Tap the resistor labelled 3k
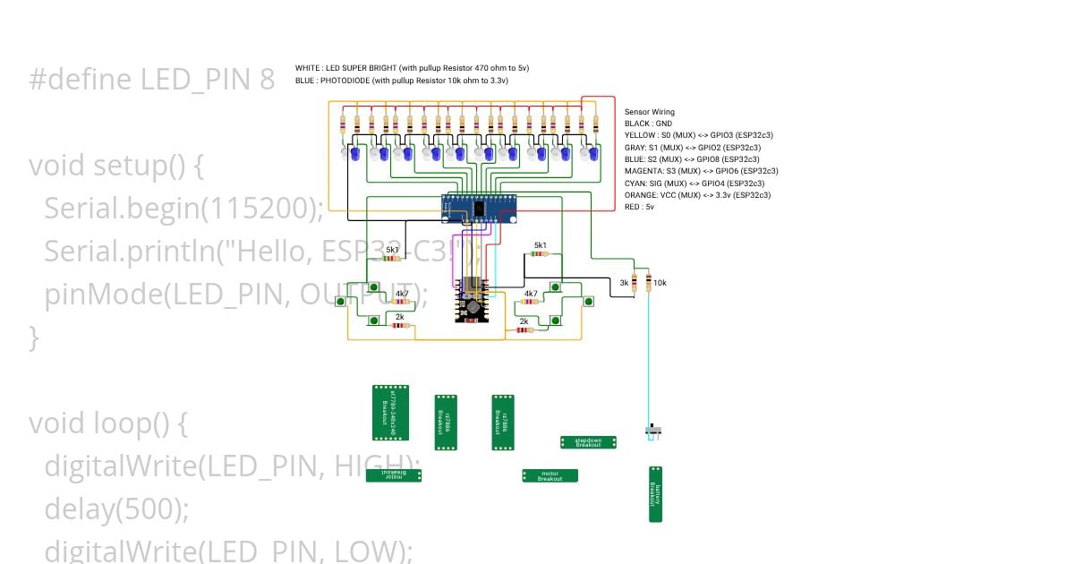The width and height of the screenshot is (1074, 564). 635,283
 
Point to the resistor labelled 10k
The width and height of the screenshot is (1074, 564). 648,283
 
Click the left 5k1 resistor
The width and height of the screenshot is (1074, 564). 392,258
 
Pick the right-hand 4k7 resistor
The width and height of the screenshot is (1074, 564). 531,302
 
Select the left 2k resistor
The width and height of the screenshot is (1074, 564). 399,325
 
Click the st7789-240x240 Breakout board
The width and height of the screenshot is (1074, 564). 390,413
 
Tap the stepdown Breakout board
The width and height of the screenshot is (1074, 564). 588,442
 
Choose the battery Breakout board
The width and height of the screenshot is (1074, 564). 656,494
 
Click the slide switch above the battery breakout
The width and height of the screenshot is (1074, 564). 655,432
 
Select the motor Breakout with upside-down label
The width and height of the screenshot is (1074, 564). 393,475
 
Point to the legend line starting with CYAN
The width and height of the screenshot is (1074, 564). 697,183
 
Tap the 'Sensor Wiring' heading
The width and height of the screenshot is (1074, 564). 649,112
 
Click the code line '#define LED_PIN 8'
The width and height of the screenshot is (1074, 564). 151,80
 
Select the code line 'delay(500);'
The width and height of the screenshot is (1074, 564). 116,508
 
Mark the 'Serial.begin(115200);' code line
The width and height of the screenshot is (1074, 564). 183,209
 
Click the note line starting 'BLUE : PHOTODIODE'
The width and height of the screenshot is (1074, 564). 402,81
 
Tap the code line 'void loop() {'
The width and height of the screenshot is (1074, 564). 107,423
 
